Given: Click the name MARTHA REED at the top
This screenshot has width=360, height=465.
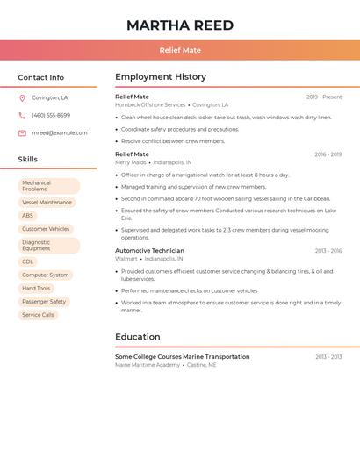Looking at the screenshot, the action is pos(179,25).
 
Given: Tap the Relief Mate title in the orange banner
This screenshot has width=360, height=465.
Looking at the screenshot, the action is pos(180,50).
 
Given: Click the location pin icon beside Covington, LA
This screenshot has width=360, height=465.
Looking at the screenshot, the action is pos(22,98).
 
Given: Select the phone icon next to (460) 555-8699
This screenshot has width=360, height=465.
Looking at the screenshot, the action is pos(22,115).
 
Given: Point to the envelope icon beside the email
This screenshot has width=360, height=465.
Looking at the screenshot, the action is pos(22,133).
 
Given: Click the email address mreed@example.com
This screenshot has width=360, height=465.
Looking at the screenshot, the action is pos(60,133).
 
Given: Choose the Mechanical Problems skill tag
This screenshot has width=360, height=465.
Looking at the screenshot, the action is pos(48,186).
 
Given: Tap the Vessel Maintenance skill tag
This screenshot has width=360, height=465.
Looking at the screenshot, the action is pos(47,203).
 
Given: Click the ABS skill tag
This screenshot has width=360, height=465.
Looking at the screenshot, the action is pos(28,215).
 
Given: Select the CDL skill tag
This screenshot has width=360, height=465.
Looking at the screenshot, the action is pos(28,261).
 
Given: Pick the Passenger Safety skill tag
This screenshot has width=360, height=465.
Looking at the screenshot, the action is pos(44,302).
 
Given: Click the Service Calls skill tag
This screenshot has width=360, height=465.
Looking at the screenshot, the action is pos(38,315).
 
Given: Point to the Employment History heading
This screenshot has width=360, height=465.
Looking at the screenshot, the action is pos(161,77).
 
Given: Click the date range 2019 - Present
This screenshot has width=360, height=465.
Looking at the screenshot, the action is pos(324,97).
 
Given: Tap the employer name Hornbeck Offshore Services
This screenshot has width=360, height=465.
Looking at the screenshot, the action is pos(150,104).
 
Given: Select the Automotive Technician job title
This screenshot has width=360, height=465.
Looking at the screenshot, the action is pos(149,251).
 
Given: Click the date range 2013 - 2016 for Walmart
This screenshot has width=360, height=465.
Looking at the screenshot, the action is pos(328,251).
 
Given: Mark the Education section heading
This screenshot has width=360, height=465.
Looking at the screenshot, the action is pos(138,337).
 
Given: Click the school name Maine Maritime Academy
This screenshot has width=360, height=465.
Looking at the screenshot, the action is pos(148,365).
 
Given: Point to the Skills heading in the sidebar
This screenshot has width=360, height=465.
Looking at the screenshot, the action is pos(28,160).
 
